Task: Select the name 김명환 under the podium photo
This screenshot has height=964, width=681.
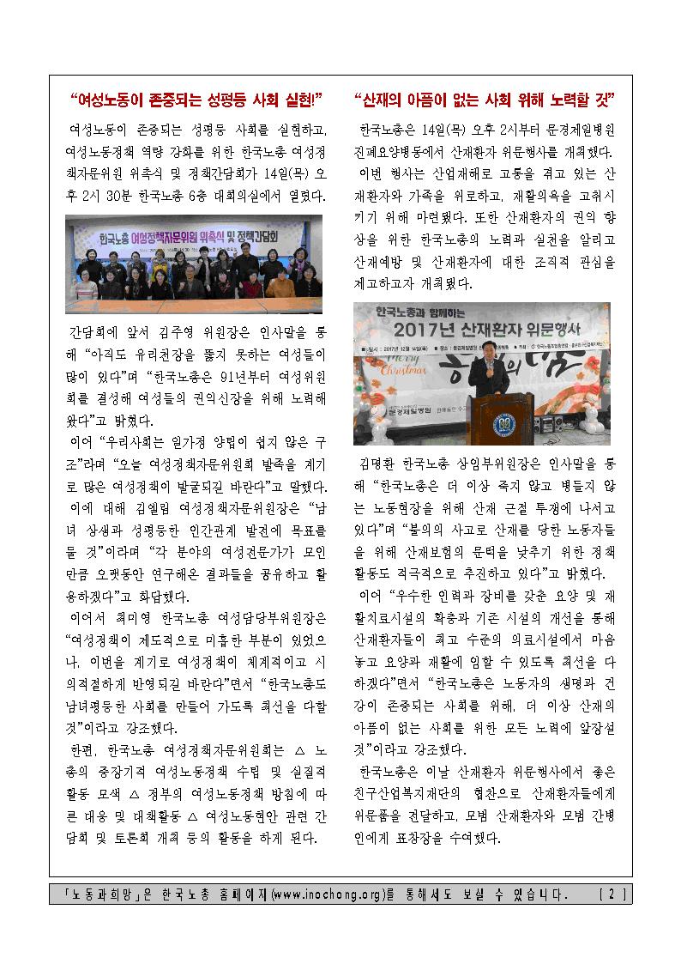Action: pos(378,463)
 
